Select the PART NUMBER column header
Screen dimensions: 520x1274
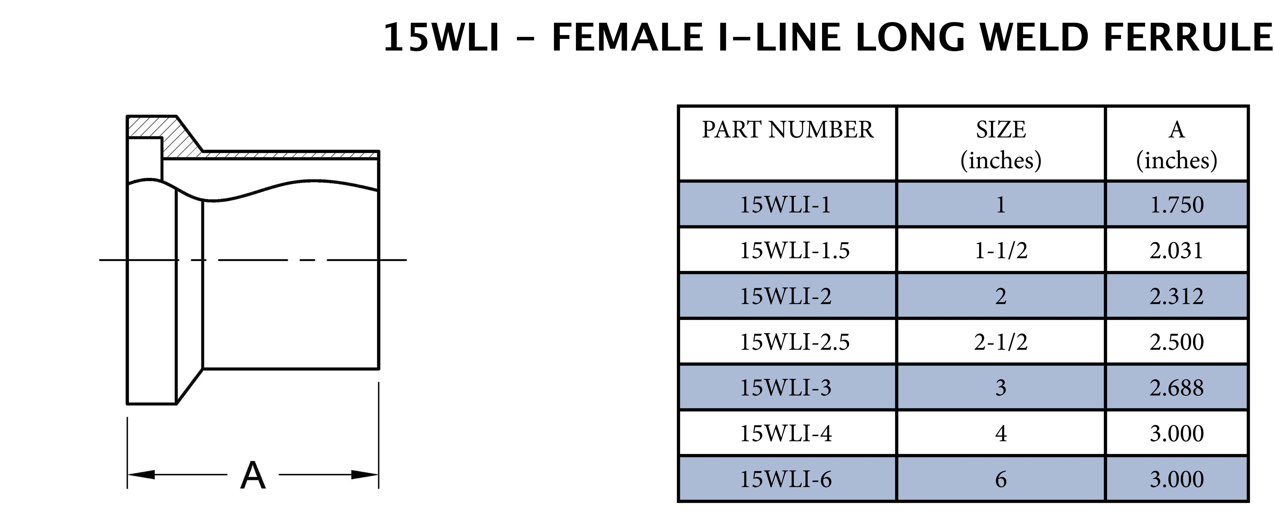tap(787, 130)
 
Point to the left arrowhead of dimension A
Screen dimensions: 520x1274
tap(141, 475)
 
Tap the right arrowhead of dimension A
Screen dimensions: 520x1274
tap(365, 475)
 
